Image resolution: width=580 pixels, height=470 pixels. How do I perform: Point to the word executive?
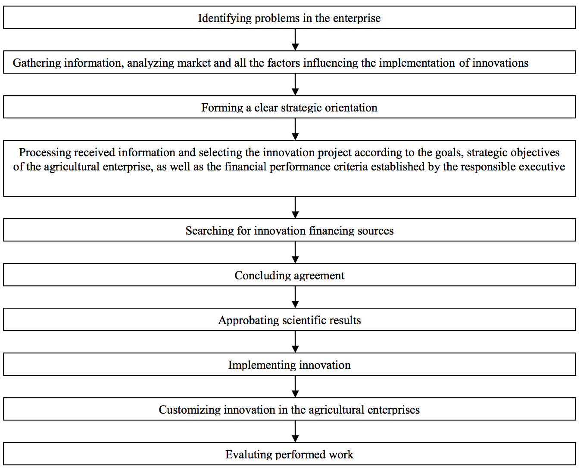tap(542, 167)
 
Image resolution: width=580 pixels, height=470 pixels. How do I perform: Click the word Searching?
tap(210, 231)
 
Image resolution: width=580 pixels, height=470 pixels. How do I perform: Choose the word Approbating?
tap(249, 320)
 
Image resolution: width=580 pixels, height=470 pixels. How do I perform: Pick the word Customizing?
tap(190, 410)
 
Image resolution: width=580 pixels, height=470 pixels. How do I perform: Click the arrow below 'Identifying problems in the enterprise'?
tap(296, 40)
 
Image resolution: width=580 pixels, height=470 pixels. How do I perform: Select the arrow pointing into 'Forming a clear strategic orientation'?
tap(296, 84)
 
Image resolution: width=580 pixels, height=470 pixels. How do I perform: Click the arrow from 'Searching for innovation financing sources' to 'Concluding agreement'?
tap(296, 252)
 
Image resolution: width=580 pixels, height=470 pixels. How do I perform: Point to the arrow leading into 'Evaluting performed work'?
tap(296, 431)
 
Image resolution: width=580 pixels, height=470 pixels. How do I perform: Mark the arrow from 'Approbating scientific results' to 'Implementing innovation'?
tap(296, 342)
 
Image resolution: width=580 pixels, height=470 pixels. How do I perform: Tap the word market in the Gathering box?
tap(194, 63)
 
